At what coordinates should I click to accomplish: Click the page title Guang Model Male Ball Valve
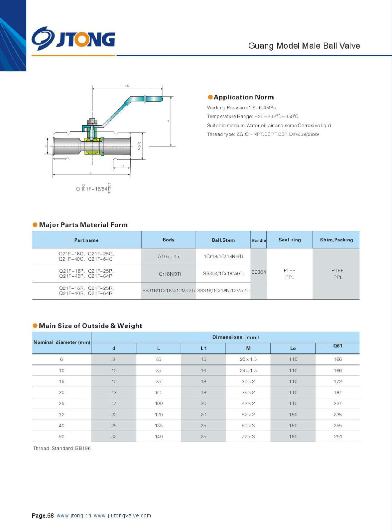(304, 46)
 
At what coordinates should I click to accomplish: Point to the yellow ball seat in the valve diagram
(92, 147)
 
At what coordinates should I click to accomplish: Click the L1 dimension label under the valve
(122, 166)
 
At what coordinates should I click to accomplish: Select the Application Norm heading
(244, 97)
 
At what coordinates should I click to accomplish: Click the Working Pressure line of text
(241, 108)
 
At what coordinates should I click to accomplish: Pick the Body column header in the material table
(168, 240)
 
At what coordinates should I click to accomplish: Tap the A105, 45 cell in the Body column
(168, 256)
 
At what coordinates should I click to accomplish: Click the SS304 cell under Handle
(259, 272)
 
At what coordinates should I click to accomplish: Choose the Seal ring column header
(290, 240)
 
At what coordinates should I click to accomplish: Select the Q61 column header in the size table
(338, 346)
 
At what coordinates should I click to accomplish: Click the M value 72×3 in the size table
(248, 437)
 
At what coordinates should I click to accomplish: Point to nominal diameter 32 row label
(62, 415)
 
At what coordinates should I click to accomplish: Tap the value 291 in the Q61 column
(338, 437)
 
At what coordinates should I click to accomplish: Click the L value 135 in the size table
(159, 426)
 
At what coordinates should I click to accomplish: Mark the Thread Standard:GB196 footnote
(62, 448)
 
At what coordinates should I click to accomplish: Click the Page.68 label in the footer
(43, 516)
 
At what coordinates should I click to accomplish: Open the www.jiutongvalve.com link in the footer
(122, 516)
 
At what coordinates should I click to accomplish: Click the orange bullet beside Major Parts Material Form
(35, 225)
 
